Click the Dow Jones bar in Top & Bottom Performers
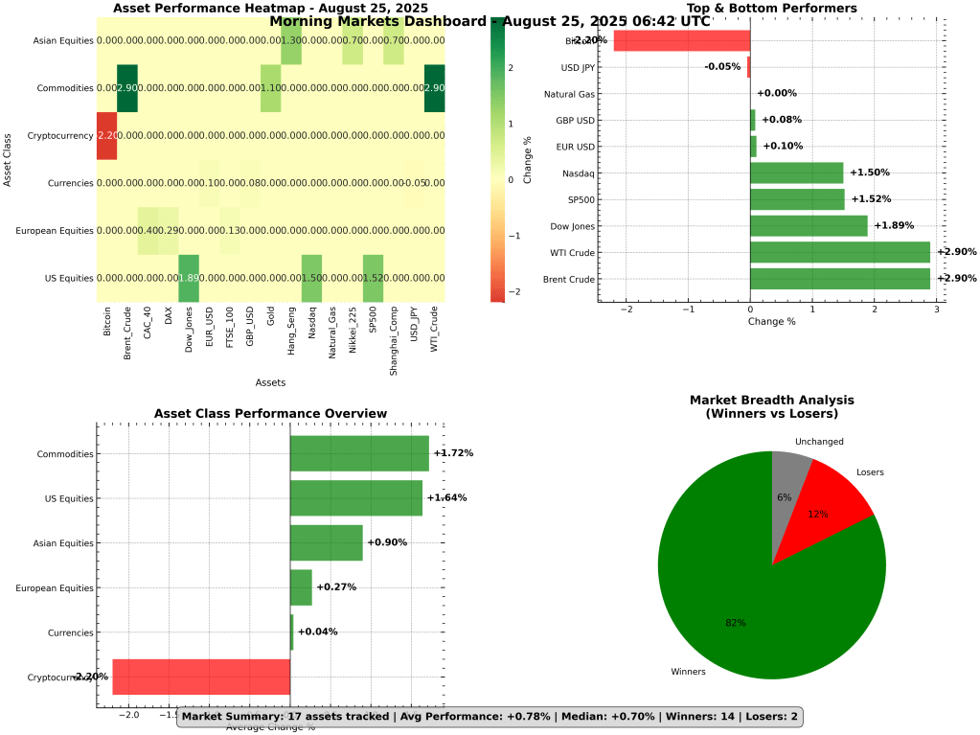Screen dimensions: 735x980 [x=809, y=225]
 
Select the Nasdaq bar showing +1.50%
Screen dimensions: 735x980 [x=796, y=172]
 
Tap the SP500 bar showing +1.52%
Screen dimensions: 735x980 [x=797, y=199]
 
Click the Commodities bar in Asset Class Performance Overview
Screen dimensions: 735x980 [x=359, y=453]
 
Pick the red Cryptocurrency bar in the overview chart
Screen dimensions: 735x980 [x=201, y=677]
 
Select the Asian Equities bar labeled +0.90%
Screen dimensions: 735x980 [x=326, y=542]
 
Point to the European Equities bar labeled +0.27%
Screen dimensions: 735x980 [x=301, y=587]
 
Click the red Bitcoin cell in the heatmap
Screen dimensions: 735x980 [x=106, y=135]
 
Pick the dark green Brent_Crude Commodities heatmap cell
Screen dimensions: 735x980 [x=126, y=88]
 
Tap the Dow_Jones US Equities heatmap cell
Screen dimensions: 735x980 [x=189, y=278]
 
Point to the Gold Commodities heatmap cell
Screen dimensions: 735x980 [x=270, y=88]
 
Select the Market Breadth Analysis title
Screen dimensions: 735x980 [x=771, y=406]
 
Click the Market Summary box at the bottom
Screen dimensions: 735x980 [x=489, y=717]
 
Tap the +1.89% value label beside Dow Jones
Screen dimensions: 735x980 [x=894, y=225]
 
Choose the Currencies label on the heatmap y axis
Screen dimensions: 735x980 [x=68, y=183]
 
